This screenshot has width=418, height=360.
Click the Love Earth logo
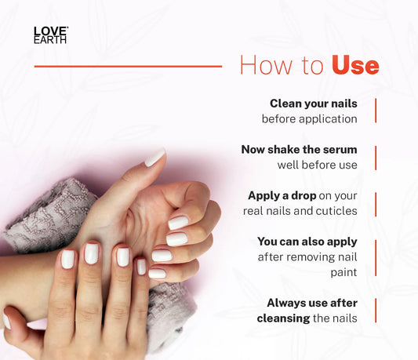point(51,35)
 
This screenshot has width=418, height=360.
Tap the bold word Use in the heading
point(355,65)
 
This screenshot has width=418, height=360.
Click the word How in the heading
point(267,65)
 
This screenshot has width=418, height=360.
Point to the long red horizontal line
point(129,67)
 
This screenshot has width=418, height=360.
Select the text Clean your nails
point(314,104)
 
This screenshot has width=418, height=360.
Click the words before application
point(310,119)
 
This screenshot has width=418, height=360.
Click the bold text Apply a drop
point(282,196)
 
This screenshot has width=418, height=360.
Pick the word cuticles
point(336,211)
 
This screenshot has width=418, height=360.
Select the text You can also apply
point(307,242)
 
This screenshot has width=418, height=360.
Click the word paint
point(344,272)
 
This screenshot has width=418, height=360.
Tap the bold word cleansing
point(283,318)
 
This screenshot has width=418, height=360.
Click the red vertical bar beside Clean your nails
point(376,111)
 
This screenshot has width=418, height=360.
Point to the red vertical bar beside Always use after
point(376,311)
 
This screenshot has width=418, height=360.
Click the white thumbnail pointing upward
point(154,158)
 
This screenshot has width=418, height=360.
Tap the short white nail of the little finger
point(141,267)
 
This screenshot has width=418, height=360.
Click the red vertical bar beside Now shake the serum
point(376,158)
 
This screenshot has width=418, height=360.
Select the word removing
point(308,257)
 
